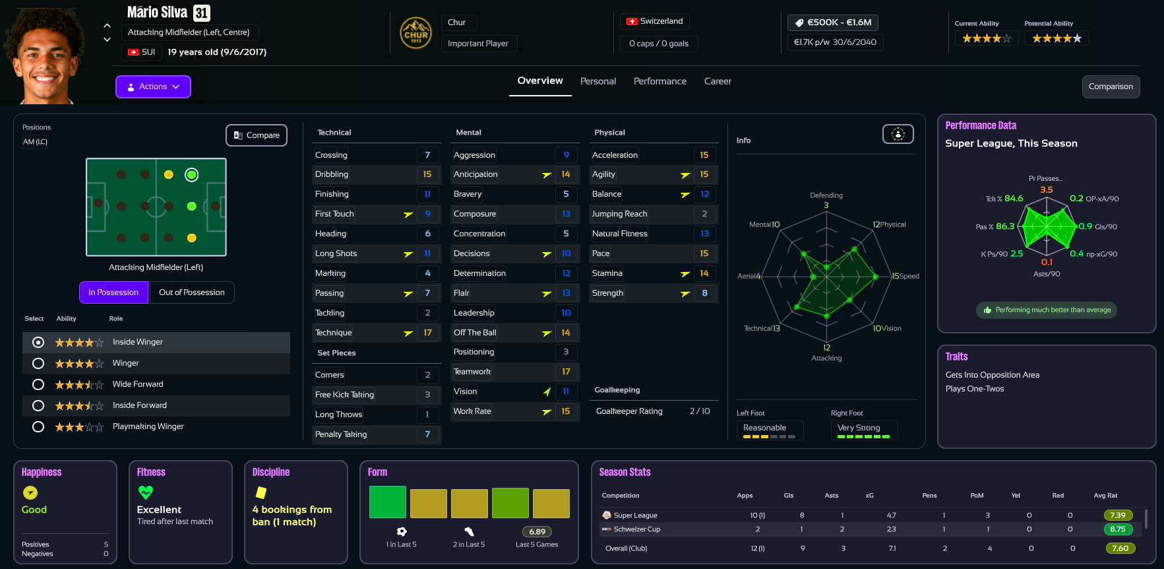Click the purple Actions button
(x=153, y=86)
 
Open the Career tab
(x=718, y=81)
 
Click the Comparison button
(x=1111, y=86)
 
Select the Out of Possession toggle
(x=192, y=292)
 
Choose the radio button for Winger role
(x=38, y=363)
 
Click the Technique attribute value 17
(x=427, y=333)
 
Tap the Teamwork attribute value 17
(x=566, y=372)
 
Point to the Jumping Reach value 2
(x=704, y=214)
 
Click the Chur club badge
(x=415, y=33)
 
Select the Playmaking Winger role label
(x=148, y=426)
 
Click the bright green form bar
(x=387, y=502)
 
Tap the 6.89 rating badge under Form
(x=537, y=531)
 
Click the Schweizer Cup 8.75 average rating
(x=1118, y=529)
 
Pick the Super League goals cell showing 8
(x=802, y=515)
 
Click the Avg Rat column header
(x=1105, y=495)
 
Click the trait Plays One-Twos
(x=975, y=389)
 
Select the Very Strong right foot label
(x=859, y=428)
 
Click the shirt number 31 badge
(x=202, y=13)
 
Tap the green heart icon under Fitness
(x=146, y=492)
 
